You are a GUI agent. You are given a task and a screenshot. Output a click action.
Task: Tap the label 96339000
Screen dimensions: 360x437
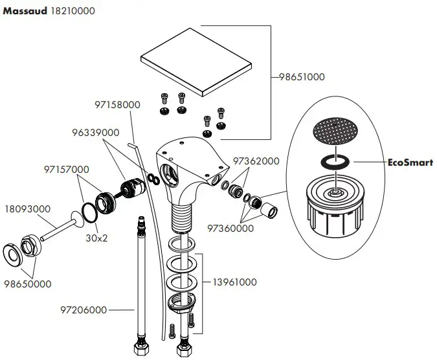pos(96,132)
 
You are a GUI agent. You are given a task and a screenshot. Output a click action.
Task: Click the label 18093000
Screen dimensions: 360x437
pos(27,210)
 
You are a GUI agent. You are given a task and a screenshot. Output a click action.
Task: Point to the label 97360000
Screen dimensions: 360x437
pos(230,228)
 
